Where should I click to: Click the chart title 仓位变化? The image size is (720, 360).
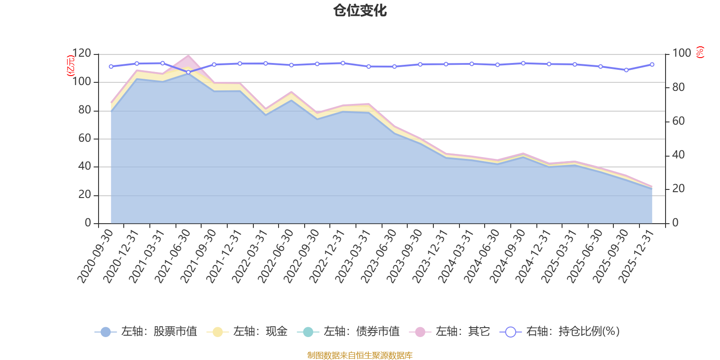[x=360, y=11]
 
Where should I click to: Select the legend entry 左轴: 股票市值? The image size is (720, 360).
[x=146, y=331]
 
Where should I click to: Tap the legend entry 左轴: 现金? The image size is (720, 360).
[x=247, y=331]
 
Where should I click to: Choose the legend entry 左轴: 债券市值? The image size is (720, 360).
[x=348, y=331]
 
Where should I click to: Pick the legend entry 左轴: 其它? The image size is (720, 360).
[x=450, y=331]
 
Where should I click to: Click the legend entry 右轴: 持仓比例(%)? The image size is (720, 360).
[x=560, y=331]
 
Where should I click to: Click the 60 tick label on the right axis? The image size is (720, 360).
[x=678, y=121]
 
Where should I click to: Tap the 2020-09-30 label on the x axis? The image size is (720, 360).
[x=95, y=256]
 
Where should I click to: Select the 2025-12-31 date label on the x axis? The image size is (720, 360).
[x=636, y=256]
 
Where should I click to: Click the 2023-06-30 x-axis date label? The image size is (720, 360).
[x=378, y=256]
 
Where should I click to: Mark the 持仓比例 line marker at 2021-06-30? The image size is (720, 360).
[x=189, y=72]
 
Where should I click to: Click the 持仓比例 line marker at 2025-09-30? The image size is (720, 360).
[x=626, y=70]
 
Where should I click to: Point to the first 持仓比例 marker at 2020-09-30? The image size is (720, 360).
[x=111, y=67]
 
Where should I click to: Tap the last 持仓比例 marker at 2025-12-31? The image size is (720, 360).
[x=652, y=65]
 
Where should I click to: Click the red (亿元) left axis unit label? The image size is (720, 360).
[x=70, y=66]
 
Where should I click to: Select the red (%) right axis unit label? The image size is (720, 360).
[x=700, y=52]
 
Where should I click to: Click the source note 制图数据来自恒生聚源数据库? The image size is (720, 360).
[x=360, y=355]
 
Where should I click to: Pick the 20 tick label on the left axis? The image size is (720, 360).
[x=85, y=194]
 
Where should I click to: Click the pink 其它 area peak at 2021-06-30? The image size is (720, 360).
[x=189, y=56]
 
